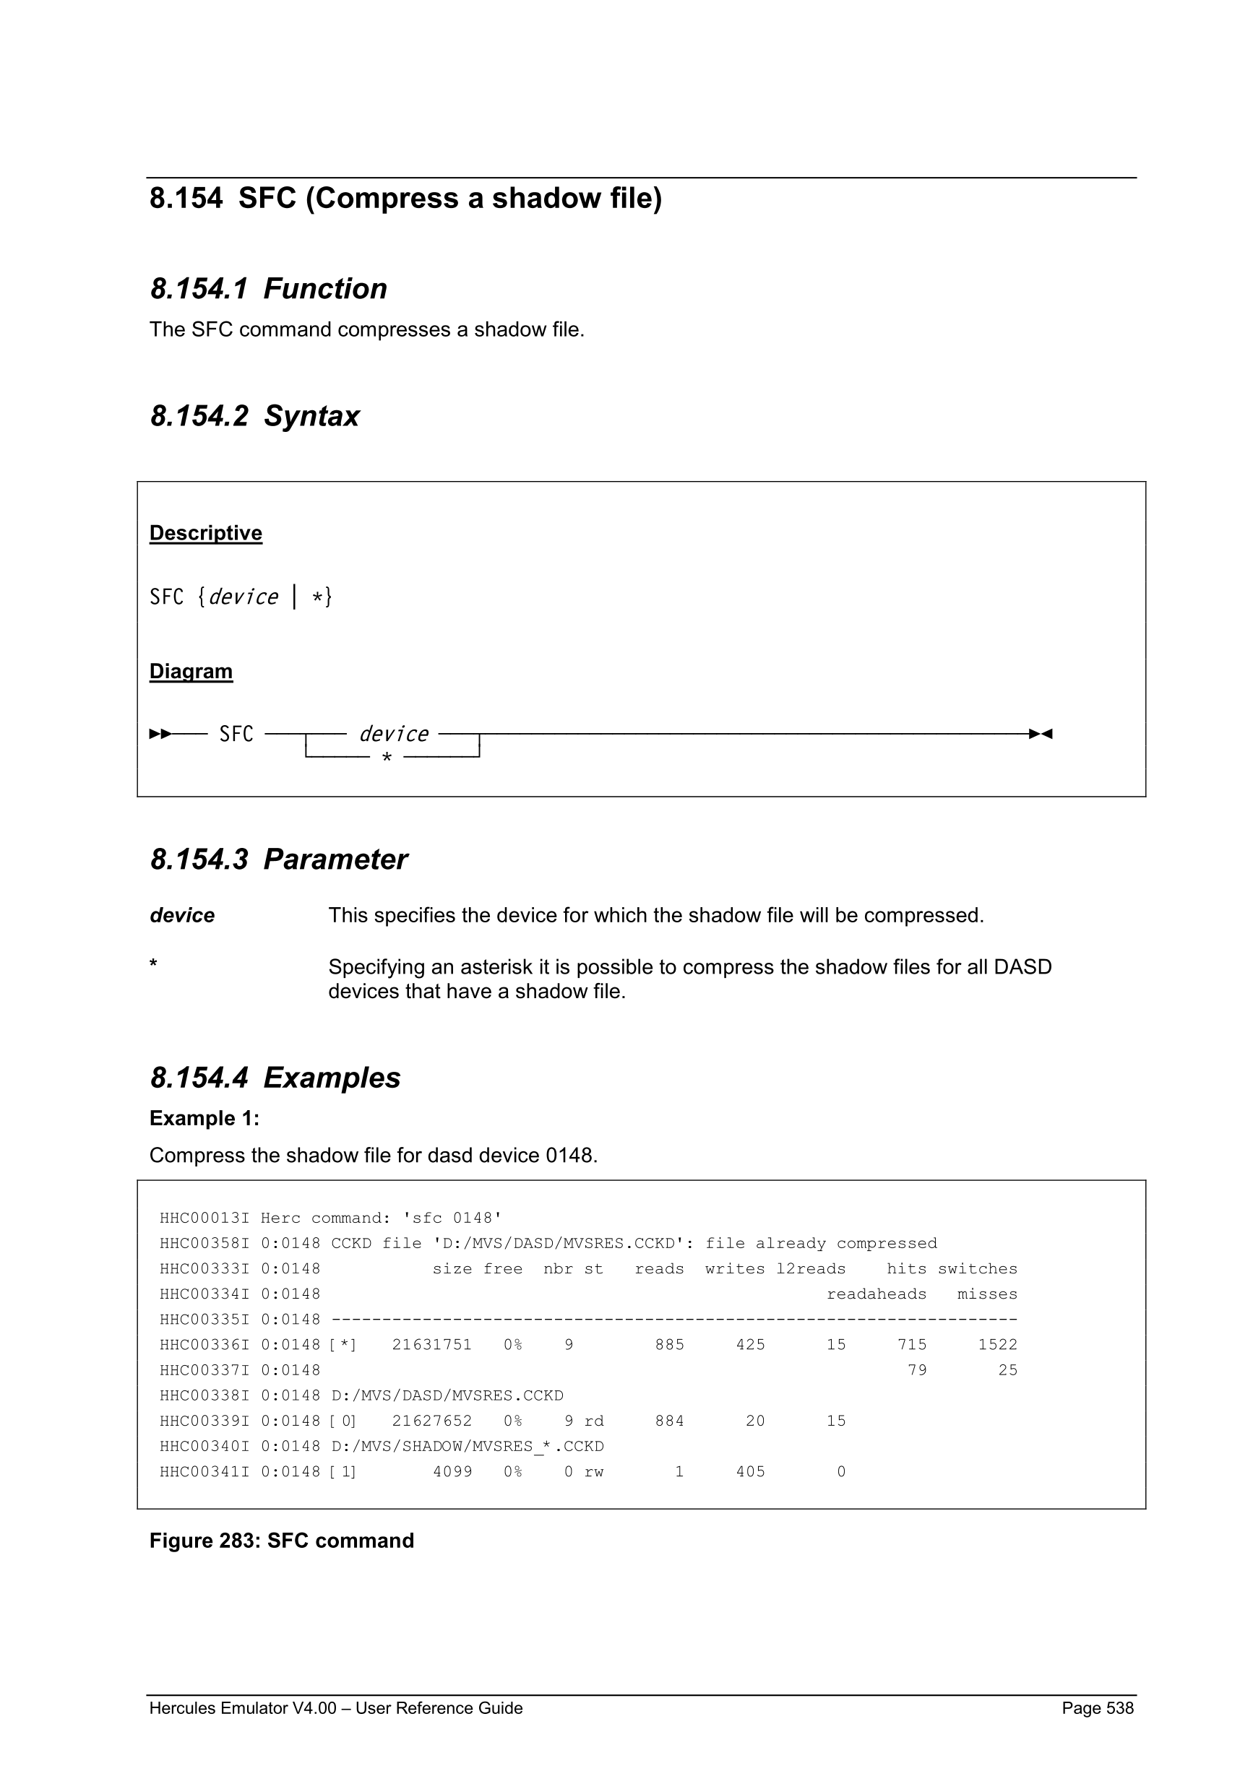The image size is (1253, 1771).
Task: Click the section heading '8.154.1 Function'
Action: [x=269, y=288]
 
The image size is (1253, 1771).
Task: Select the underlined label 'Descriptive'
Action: [x=205, y=533]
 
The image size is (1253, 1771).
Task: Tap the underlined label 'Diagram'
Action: [x=191, y=671]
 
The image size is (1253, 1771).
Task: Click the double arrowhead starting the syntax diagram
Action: [x=160, y=734]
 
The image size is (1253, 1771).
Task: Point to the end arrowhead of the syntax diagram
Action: [x=1041, y=734]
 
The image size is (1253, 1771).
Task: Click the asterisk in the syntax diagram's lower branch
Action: [x=387, y=758]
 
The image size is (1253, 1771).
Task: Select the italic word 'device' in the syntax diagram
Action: [x=394, y=734]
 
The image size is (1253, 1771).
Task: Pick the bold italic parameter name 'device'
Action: [x=182, y=916]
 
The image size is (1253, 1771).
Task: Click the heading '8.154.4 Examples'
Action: [x=275, y=1078]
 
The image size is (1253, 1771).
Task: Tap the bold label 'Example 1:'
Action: [x=204, y=1119]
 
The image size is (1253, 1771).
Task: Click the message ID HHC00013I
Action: [x=204, y=1218]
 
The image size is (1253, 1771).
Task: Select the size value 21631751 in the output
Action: [x=431, y=1344]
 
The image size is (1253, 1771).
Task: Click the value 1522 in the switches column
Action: [x=998, y=1344]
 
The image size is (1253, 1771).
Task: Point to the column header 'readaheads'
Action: [x=877, y=1294]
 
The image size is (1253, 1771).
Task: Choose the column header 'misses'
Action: [x=987, y=1294]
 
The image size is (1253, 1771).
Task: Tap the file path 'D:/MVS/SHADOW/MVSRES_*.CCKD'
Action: [x=467, y=1446]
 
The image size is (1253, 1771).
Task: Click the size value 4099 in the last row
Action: [x=452, y=1472]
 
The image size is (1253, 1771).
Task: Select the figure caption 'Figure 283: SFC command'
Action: [x=282, y=1541]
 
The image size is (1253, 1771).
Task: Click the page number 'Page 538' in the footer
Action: [x=1097, y=1708]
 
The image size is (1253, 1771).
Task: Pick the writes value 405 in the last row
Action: [x=750, y=1472]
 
